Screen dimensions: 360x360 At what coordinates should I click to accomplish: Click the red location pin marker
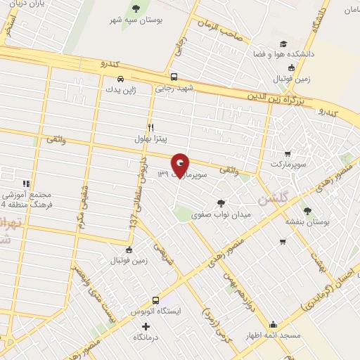click(x=180, y=166)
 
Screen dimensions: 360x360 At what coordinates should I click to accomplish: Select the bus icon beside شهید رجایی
click(x=174, y=78)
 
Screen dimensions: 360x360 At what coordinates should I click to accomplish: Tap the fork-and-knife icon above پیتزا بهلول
click(x=151, y=127)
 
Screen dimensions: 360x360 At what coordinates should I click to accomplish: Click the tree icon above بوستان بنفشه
click(x=306, y=210)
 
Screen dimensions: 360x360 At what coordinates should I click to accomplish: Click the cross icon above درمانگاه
click(x=146, y=326)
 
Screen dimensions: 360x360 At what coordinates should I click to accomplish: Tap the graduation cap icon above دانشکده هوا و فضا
click(x=283, y=44)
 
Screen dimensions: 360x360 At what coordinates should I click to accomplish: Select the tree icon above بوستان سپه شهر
click(x=136, y=9)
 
